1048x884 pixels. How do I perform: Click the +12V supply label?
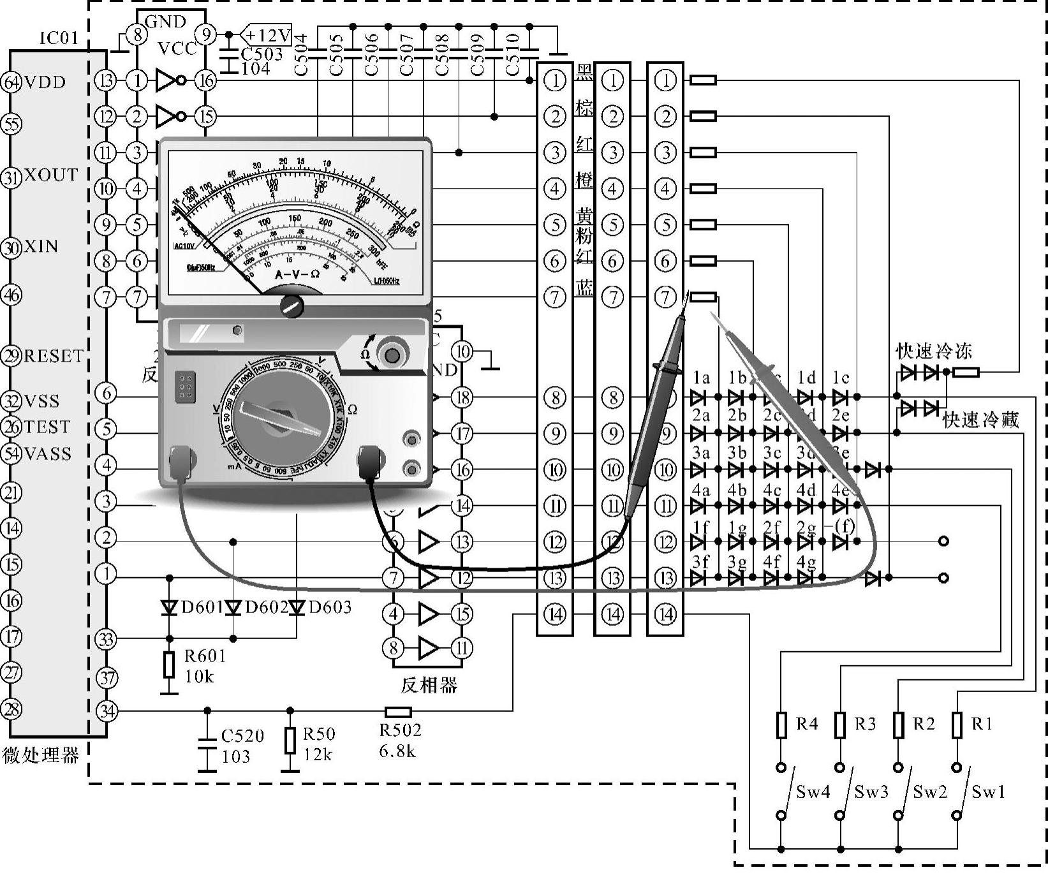tap(267, 35)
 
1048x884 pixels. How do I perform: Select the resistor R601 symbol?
tap(169, 665)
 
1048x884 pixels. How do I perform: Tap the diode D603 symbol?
tap(297, 607)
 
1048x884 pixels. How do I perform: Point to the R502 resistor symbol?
tap(398, 712)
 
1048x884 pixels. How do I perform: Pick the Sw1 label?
tap(988, 792)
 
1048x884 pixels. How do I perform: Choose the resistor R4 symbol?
tap(781, 725)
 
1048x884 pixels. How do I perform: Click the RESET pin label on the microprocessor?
tap(54, 356)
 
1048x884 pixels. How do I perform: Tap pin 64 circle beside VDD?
tap(11, 82)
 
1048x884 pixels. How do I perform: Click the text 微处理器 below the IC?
tap(41, 756)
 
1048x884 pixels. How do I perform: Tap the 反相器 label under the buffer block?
tap(429, 686)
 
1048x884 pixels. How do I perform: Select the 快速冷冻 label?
tap(934, 351)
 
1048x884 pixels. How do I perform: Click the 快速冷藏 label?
tap(981, 419)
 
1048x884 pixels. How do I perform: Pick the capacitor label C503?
tap(262, 54)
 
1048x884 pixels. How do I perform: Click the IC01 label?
tap(59, 38)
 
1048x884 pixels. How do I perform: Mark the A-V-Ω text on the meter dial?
tap(297, 274)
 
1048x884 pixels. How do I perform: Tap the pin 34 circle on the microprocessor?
tap(107, 711)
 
